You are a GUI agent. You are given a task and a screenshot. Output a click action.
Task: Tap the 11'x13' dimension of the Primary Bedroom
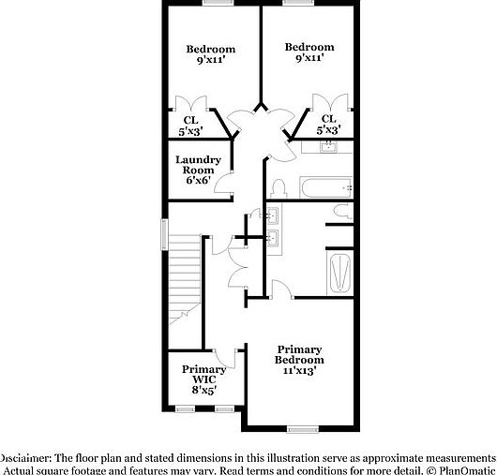(x=299, y=370)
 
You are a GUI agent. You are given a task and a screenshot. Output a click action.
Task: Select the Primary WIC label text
(x=203, y=375)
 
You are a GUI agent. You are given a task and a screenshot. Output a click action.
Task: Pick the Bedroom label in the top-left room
(x=209, y=49)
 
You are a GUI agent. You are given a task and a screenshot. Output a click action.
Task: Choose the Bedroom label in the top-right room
(x=309, y=47)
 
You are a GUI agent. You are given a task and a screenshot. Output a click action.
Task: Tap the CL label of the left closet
(x=190, y=119)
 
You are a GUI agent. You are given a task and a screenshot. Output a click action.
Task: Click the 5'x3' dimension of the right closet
(x=328, y=130)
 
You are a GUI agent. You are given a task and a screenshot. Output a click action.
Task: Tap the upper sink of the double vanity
(x=275, y=216)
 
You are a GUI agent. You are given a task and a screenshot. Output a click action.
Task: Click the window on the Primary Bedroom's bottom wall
(x=301, y=429)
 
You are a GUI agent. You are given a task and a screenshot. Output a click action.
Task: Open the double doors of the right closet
(x=328, y=102)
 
